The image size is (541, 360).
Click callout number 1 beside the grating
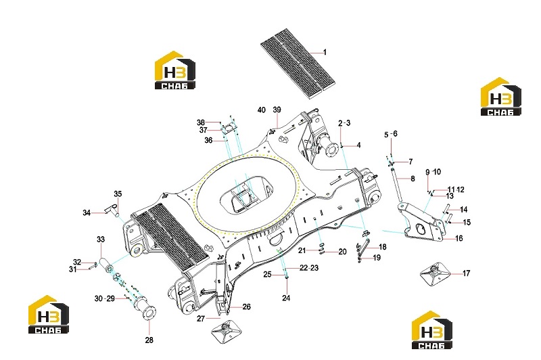(325, 52)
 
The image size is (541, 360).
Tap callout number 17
(466, 273)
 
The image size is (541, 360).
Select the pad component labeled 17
(435, 274)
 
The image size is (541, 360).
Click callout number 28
(149, 340)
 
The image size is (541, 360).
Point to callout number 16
(459, 238)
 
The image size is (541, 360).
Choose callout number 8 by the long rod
(413, 179)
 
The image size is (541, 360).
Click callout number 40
(262, 110)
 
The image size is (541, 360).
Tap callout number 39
(277, 110)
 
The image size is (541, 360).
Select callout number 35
(118, 194)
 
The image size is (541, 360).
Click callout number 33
(100, 239)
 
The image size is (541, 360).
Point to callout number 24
(286, 298)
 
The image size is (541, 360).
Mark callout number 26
(246, 307)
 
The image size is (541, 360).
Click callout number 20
(342, 252)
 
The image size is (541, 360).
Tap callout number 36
(208, 141)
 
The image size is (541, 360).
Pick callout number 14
(463, 210)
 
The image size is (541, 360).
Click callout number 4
(358, 145)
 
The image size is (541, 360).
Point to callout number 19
(377, 258)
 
